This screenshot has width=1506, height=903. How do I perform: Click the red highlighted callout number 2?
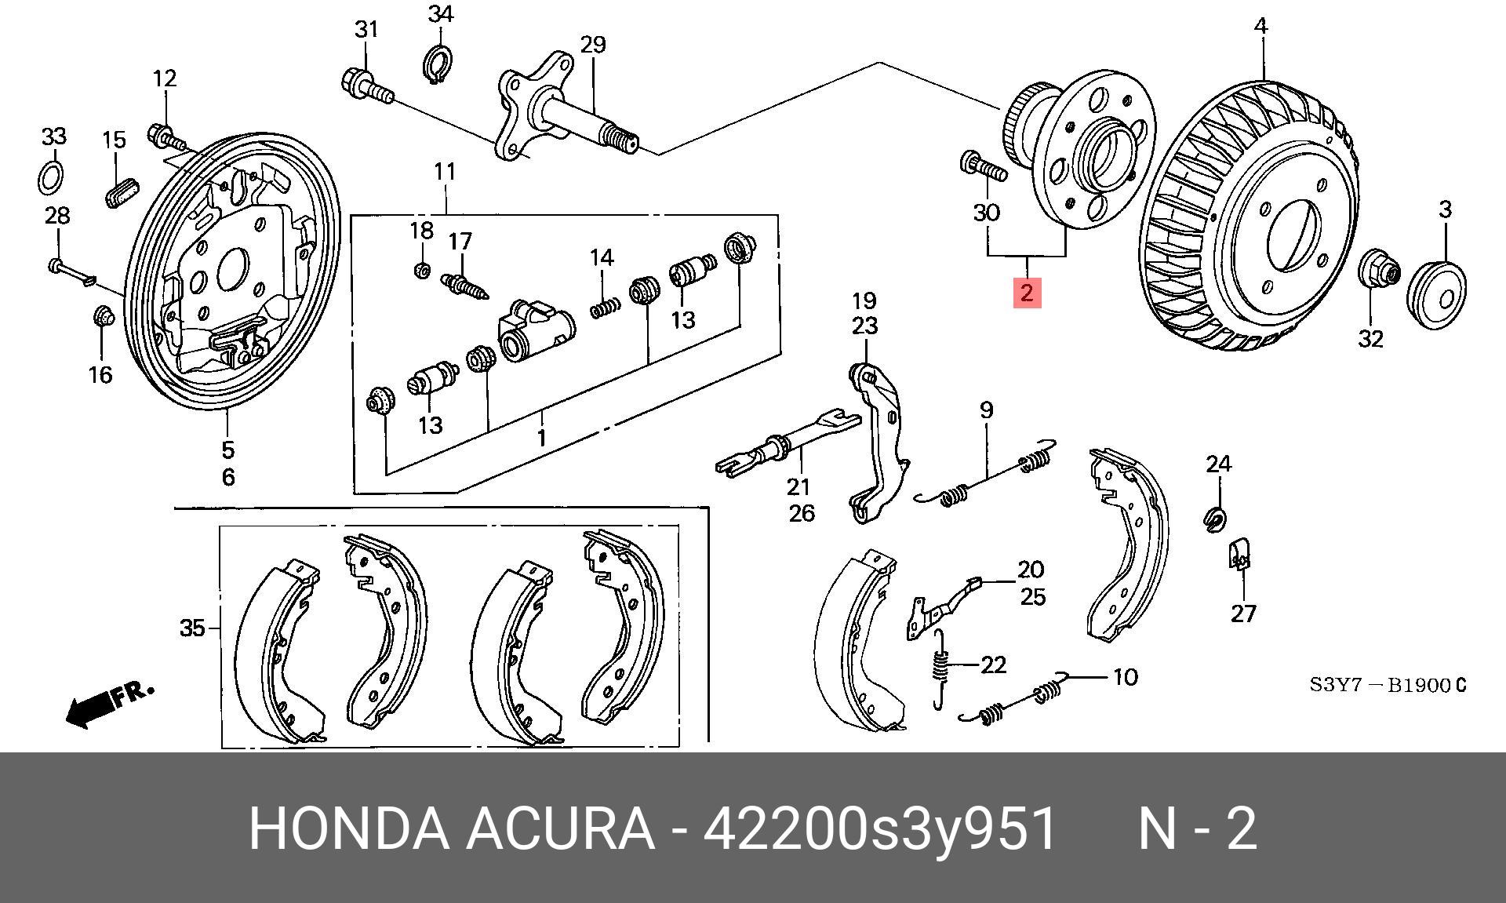coord(1026,293)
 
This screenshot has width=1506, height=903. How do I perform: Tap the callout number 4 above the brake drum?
coord(1260,26)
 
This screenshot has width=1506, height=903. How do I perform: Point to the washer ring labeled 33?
coord(52,177)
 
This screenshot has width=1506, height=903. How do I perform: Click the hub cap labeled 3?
coord(1438,288)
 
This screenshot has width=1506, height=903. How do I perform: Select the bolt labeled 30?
coord(981,166)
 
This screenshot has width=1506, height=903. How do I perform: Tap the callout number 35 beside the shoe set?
coord(193,628)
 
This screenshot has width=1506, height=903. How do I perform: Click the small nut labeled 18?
coord(421,270)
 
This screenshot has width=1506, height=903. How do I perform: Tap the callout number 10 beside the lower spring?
coord(1125,677)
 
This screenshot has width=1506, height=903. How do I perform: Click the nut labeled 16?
coord(103,316)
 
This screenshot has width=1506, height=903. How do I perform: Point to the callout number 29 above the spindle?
coord(593,44)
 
